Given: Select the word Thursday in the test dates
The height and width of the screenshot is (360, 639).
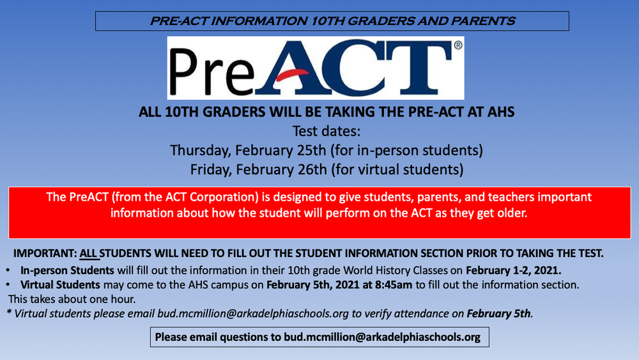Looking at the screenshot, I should pos(199,151).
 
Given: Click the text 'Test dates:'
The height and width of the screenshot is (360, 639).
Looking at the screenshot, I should pos(327,132).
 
